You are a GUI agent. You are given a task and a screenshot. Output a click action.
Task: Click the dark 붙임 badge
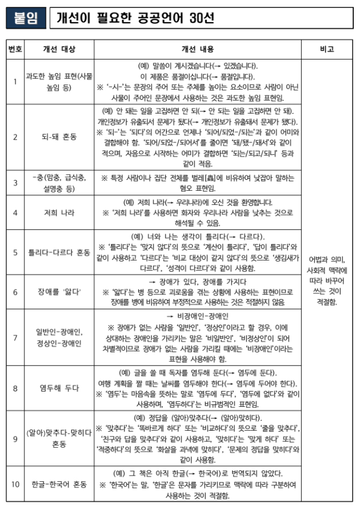[x=26, y=18]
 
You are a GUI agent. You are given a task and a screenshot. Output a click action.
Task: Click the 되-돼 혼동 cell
[x=58, y=137]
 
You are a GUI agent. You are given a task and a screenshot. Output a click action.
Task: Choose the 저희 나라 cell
[x=58, y=213]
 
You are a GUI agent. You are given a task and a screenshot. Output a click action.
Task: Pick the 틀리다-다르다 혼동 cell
[x=58, y=252]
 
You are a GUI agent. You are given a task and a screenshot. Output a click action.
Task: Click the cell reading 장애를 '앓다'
[x=58, y=292]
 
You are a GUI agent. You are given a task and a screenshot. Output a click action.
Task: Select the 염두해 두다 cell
[x=58, y=388]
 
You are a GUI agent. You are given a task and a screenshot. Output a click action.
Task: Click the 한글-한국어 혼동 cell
[x=58, y=484]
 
